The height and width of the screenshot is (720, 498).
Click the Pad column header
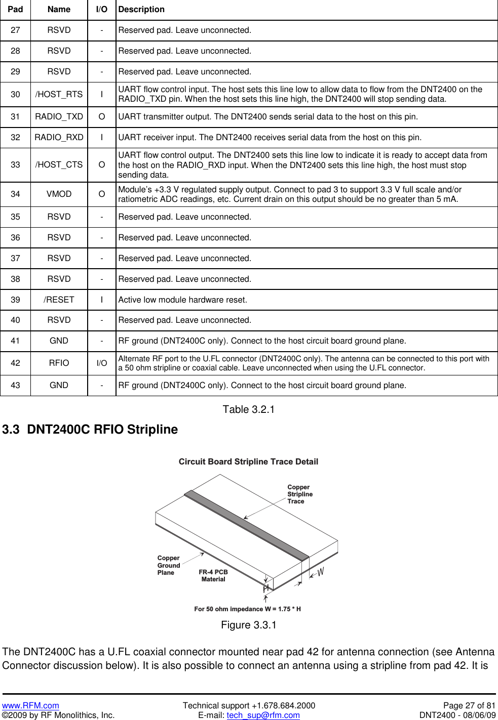pos(15,9)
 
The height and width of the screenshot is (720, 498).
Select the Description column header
pos(141,9)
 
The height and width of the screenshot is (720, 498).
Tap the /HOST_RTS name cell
pos(59,94)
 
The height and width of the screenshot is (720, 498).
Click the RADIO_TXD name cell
pos(59,116)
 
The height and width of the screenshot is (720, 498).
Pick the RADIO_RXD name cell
pos(59,137)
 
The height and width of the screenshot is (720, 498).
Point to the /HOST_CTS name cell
pos(59,164)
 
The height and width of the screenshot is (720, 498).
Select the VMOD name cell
pos(59,194)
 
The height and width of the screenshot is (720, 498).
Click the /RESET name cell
pos(59,300)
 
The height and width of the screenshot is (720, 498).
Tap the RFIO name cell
pos(59,363)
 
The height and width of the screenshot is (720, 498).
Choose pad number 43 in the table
pos(15,385)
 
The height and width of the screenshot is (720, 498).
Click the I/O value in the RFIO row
pos(102,363)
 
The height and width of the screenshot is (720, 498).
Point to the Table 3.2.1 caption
pos(248,409)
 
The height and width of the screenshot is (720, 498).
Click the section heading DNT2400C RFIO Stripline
pos(90,430)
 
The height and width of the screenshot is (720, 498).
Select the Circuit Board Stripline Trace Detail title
pos(248,461)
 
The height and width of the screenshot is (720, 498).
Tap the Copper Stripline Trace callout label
pos(299,494)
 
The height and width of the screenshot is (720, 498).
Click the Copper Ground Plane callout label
pos(168,565)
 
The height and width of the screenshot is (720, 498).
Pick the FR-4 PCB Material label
pos(213,576)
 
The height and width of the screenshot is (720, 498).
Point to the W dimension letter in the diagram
pos(321,572)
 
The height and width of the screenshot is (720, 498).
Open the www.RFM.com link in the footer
pos(30,705)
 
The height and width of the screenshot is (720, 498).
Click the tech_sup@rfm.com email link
pos(263,715)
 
